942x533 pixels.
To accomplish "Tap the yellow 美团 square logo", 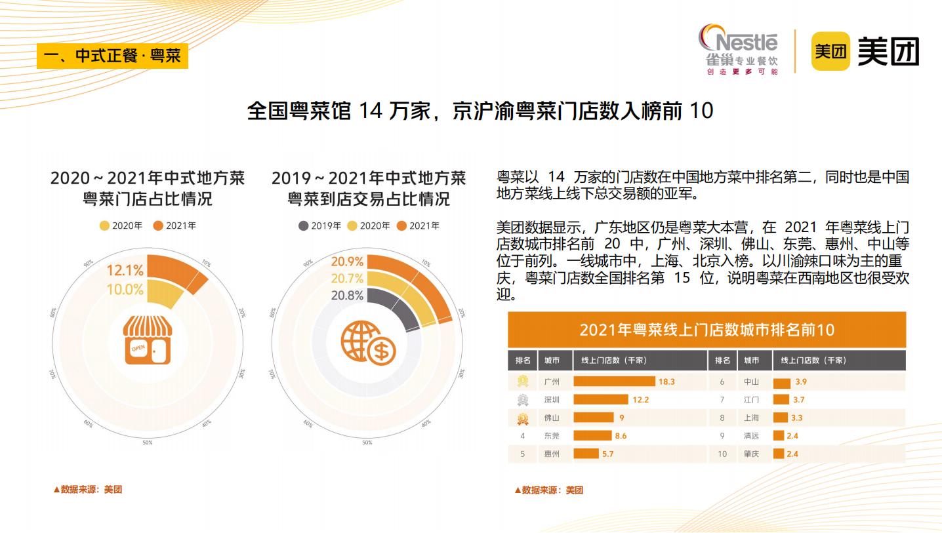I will [830, 50].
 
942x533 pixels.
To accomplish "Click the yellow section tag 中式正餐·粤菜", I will [112, 55].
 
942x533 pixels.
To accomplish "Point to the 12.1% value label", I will [125, 270].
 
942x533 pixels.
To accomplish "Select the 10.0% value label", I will [125, 289].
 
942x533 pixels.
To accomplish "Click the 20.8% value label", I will [347, 295].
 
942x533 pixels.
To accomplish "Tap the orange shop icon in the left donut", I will [147, 339].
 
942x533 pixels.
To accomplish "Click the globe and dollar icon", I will [367, 342].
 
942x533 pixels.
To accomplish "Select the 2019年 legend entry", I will [319, 226].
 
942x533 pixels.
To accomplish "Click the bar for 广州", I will [614, 381].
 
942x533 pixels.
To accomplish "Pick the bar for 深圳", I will [601, 399].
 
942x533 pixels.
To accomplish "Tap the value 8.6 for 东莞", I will [621, 435].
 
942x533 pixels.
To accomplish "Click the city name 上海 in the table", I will [751, 418].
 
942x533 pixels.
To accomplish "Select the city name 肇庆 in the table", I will [751, 454].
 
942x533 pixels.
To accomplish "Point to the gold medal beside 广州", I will [523, 381].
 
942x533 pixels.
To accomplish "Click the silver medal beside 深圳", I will [523, 399].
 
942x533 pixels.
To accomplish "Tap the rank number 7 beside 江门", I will [722, 399].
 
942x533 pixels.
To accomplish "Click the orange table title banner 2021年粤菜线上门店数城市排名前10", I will [706, 329].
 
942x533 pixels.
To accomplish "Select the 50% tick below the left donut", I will [148, 443].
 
